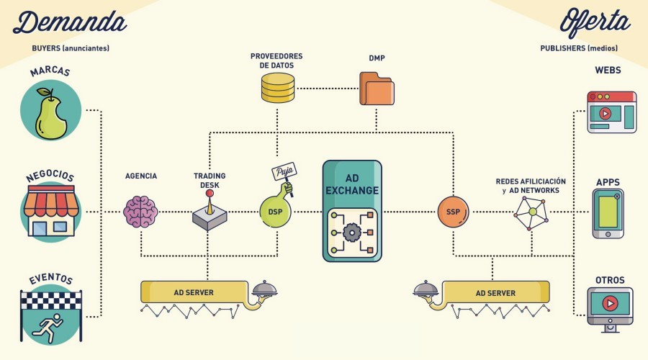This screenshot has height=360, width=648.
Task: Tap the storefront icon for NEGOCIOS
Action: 51,211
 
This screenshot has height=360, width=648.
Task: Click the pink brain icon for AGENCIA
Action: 140,212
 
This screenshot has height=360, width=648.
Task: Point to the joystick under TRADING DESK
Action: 210,213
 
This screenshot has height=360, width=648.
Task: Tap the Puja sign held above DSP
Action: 282,174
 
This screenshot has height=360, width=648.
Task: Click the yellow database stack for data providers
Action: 277,88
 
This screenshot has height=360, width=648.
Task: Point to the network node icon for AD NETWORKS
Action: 531,212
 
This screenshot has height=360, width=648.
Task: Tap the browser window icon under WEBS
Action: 611,112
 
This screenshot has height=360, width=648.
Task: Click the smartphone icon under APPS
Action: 608,214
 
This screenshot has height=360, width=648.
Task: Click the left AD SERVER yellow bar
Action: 193,292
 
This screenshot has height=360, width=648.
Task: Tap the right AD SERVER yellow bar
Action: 495,292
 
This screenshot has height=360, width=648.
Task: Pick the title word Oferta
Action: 593,22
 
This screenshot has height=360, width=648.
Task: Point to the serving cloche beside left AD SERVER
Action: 264,289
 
